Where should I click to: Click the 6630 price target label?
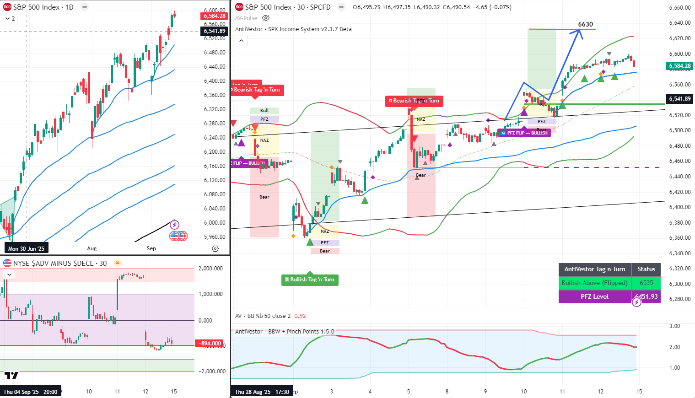pyautogui.click(x=585, y=25)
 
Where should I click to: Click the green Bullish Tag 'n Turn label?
pyautogui.click(x=310, y=280)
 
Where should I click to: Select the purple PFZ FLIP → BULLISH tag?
pyautogui.click(x=524, y=133)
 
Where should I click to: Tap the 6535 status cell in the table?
pyautogui.click(x=646, y=283)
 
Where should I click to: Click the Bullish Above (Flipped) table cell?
pyautogui.click(x=594, y=283)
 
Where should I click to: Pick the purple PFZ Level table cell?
pyautogui.click(x=594, y=296)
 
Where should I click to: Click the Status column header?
pyautogui.click(x=646, y=269)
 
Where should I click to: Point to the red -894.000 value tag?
pyautogui.click(x=210, y=344)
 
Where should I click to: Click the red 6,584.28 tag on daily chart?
pyautogui.click(x=214, y=16)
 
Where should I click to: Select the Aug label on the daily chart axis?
pyautogui.click(x=92, y=248)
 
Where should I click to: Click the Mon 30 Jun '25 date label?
pyautogui.click(x=26, y=248)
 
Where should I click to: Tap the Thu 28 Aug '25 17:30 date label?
pyautogui.click(x=262, y=392)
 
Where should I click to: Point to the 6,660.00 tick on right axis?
pyautogui.click(x=679, y=8)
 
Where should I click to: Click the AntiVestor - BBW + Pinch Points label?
pyautogui.click(x=285, y=331)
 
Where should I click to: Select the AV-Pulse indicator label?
pyautogui.click(x=246, y=18)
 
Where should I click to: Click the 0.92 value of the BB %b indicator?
pyautogui.click(x=300, y=316)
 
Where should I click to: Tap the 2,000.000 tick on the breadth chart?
pyautogui.click(x=211, y=269)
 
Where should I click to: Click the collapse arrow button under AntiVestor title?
pyautogui.click(x=241, y=40)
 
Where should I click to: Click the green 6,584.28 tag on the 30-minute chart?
pyautogui.click(x=680, y=66)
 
